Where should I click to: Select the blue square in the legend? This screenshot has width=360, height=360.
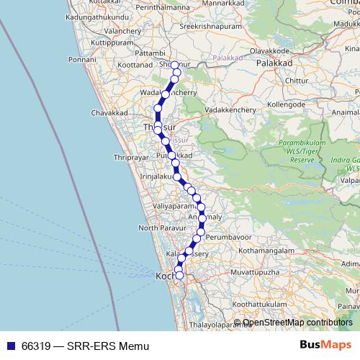click(10, 346)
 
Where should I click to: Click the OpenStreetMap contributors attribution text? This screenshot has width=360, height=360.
click(297, 323)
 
